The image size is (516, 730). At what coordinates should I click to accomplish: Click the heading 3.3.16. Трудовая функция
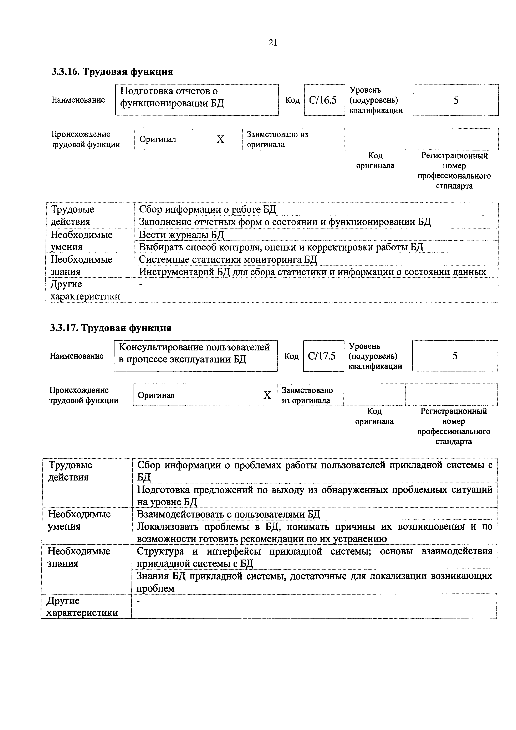112,72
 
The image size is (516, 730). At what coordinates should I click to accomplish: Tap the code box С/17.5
323,356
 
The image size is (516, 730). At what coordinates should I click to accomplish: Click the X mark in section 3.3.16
220,139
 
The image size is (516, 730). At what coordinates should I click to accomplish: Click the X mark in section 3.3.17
267,395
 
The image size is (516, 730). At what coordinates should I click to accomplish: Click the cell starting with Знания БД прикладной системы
314,582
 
